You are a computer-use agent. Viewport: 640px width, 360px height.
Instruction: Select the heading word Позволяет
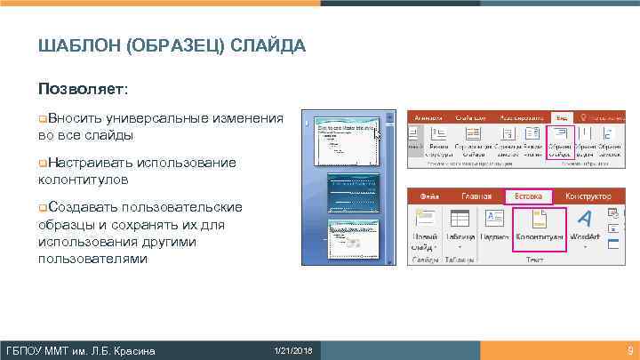tap(82, 90)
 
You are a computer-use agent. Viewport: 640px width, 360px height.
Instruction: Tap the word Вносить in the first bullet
tap(75, 118)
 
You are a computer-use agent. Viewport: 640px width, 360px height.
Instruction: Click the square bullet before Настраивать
tap(42, 163)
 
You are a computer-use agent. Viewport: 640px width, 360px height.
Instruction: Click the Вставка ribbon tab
tap(528, 196)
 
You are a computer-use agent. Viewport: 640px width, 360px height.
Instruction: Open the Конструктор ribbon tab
tap(586, 196)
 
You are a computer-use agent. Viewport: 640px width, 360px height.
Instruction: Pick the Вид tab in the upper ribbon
tap(561, 116)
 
